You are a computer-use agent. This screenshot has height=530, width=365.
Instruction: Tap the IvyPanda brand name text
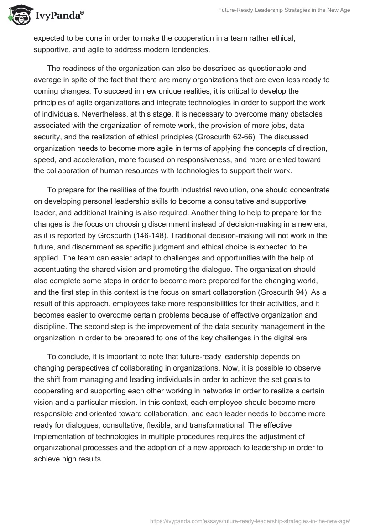[x=58, y=16]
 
